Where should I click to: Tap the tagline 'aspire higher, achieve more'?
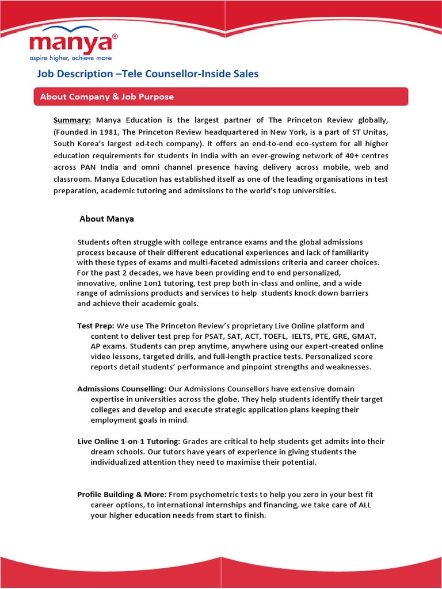(71, 58)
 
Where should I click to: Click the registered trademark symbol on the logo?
(115, 36)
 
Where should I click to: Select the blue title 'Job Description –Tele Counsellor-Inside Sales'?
(148, 74)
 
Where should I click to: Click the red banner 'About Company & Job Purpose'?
(106, 97)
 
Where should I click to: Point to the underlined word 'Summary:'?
(73, 120)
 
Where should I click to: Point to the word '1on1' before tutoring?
(185, 284)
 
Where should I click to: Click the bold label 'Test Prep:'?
(96, 326)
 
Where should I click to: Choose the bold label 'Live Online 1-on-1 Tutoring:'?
(129, 442)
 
